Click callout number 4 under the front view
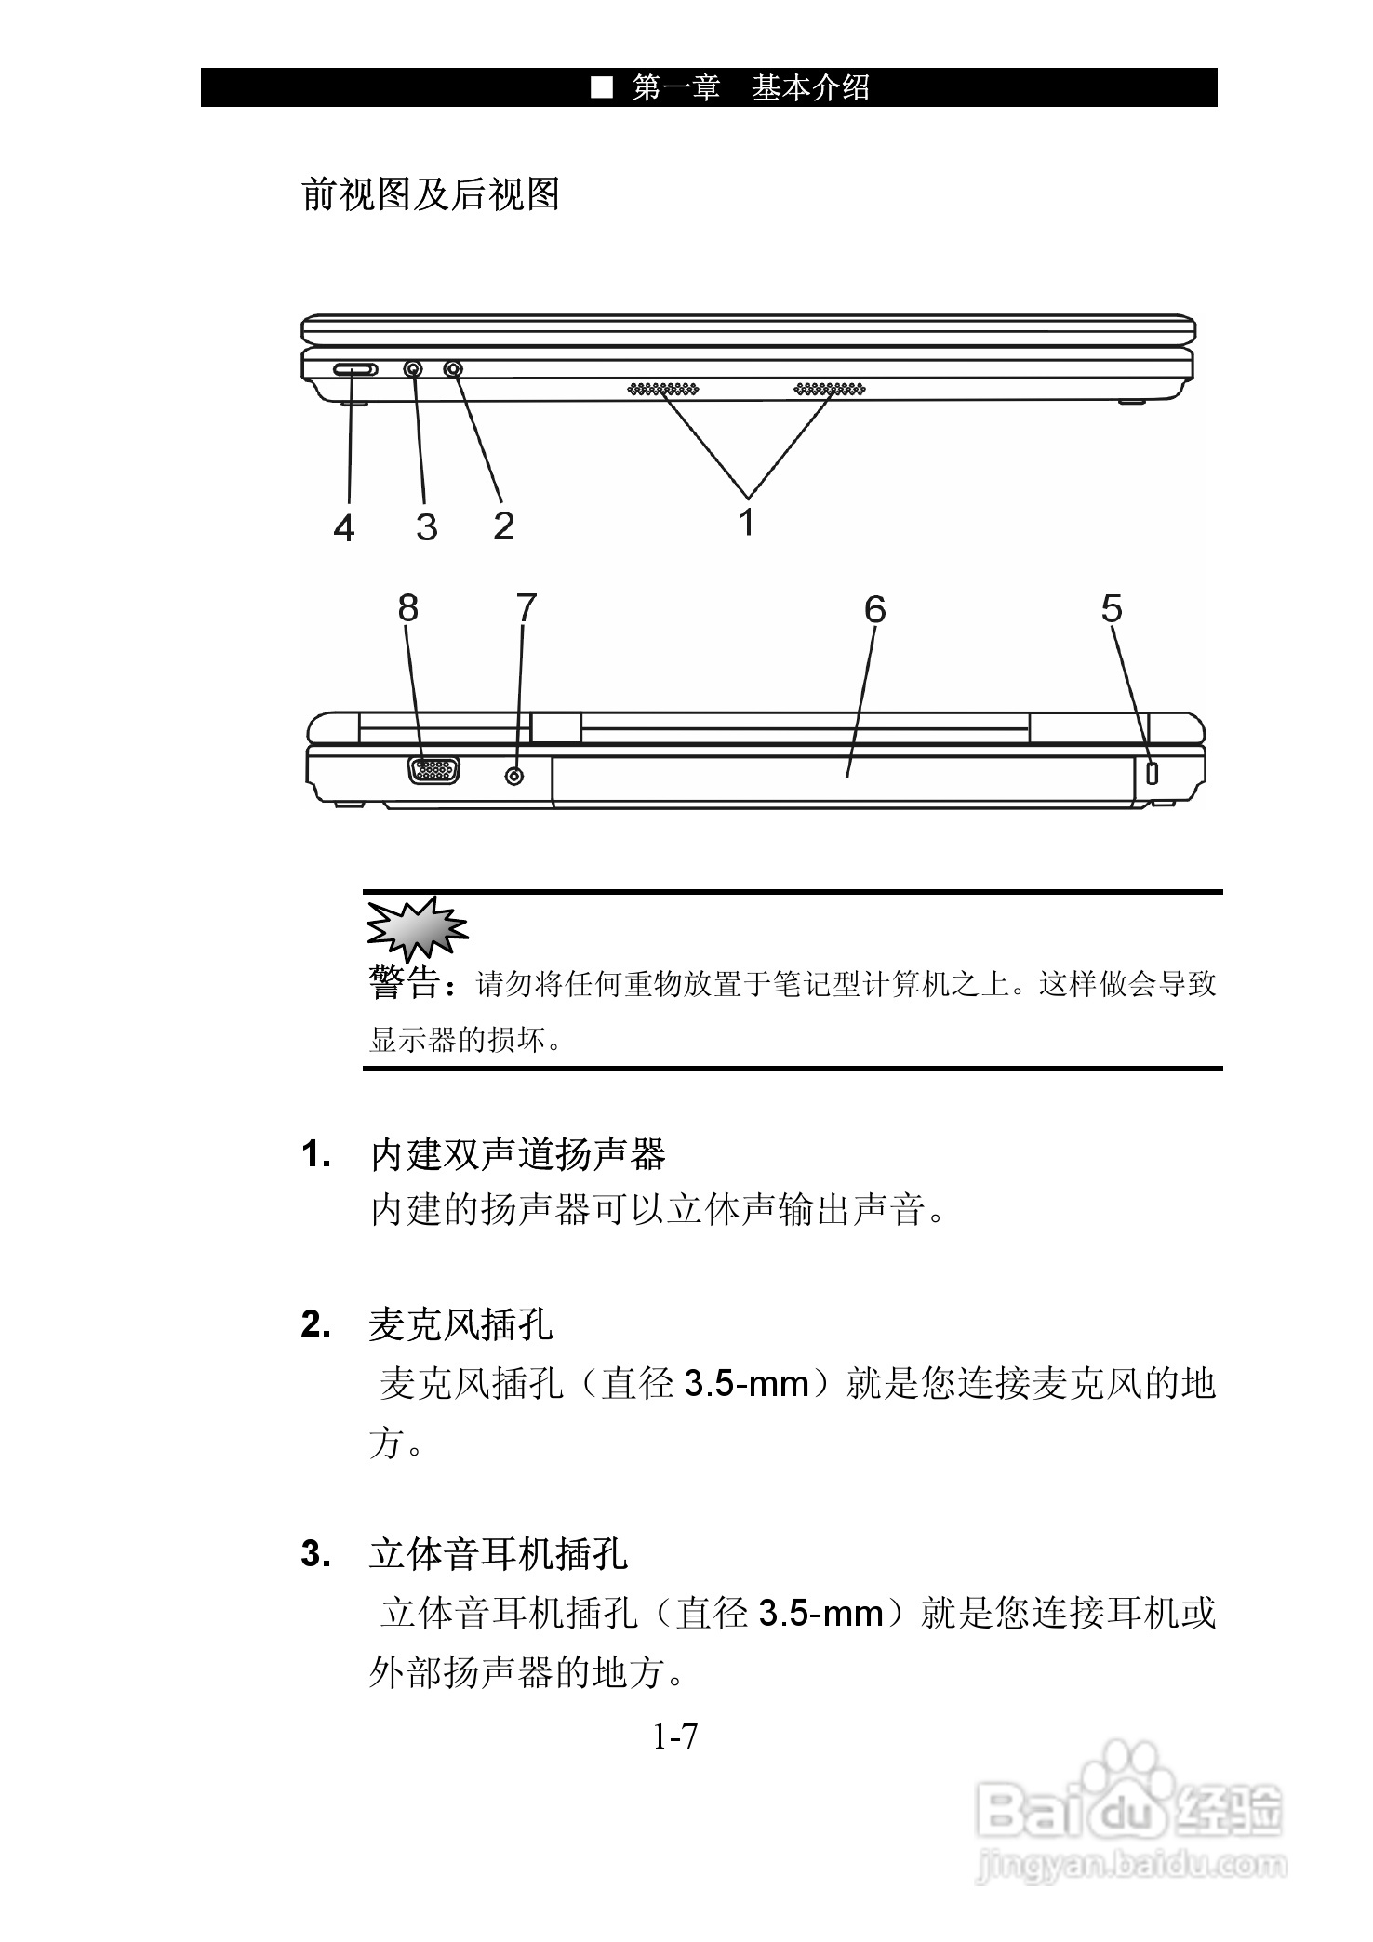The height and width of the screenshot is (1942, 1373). coord(344,528)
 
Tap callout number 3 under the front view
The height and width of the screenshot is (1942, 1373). coord(426,527)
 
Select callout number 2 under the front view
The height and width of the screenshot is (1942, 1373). coord(503,525)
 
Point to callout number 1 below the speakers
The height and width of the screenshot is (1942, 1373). coord(746,522)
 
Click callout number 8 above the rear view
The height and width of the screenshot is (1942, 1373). coord(407,608)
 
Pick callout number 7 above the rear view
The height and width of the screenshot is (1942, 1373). coord(527,607)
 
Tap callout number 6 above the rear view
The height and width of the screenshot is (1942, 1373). coord(874,609)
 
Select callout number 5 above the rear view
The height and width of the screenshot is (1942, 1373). coord(1112,608)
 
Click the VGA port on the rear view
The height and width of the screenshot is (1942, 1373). coord(433,771)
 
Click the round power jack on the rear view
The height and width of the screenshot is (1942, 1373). coord(514,774)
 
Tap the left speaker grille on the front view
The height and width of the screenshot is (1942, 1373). coord(662,388)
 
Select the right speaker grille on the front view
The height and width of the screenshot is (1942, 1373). coord(829,388)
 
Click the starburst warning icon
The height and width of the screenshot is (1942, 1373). coord(416,927)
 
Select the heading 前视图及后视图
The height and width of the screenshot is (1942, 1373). coord(431,194)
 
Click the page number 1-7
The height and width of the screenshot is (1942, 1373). coord(674,1736)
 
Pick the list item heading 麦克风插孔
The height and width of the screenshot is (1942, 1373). coord(460,1324)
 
